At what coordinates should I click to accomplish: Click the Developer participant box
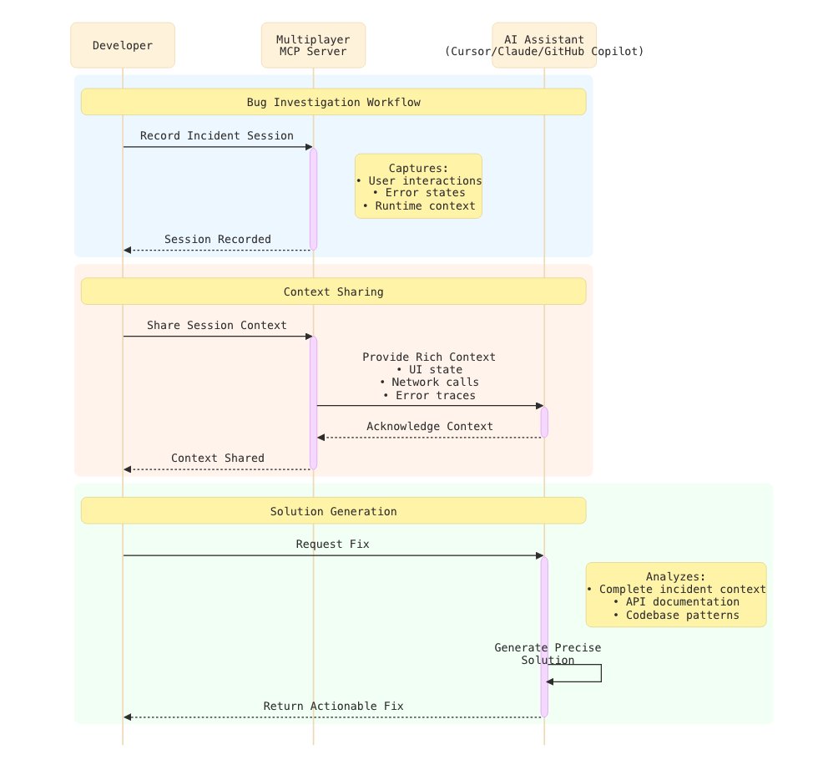pyautogui.click(x=123, y=45)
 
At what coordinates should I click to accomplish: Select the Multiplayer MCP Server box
pyautogui.click(x=313, y=45)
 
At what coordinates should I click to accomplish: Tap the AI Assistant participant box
pyautogui.click(x=544, y=45)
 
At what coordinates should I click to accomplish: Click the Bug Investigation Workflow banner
pyautogui.click(x=333, y=103)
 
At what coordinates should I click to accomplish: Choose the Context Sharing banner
pyautogui.click(x=333, y=291)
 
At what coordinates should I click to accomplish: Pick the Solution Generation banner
pyautogui.click(x=333, y=511)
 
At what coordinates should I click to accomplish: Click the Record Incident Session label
pyautogui.click(x=216, y=135)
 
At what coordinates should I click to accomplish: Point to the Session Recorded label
pyautogui.click(x=217, y=239)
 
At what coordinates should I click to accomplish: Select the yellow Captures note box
pyautogui.click(x=418, y=185)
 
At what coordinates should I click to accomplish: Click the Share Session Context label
pyautogui.click(x=216, y=325)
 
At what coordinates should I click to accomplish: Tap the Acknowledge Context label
pyautogui.click(x=429, y=426)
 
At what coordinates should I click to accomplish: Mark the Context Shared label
pyautogui.click(x=217, y=458)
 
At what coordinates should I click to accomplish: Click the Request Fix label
pyautogui.click(x=332, y=544)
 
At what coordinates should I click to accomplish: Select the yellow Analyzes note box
pyautogui.click(x=676, y=595)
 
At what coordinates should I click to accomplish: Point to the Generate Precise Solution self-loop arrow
pyautogui.click(x=599, y=673)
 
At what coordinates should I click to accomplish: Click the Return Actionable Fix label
pyautogui.click(x=333, y=706)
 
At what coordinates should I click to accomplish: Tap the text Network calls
pyautogui.click(x=429, y=383)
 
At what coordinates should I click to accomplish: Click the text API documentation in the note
pyautogui.click(x=676, y=601)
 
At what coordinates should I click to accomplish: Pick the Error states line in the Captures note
pyautogui.click(x=418, y=193)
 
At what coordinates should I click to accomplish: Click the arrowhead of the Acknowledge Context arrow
pyautogui.click(x=321, y=438)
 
